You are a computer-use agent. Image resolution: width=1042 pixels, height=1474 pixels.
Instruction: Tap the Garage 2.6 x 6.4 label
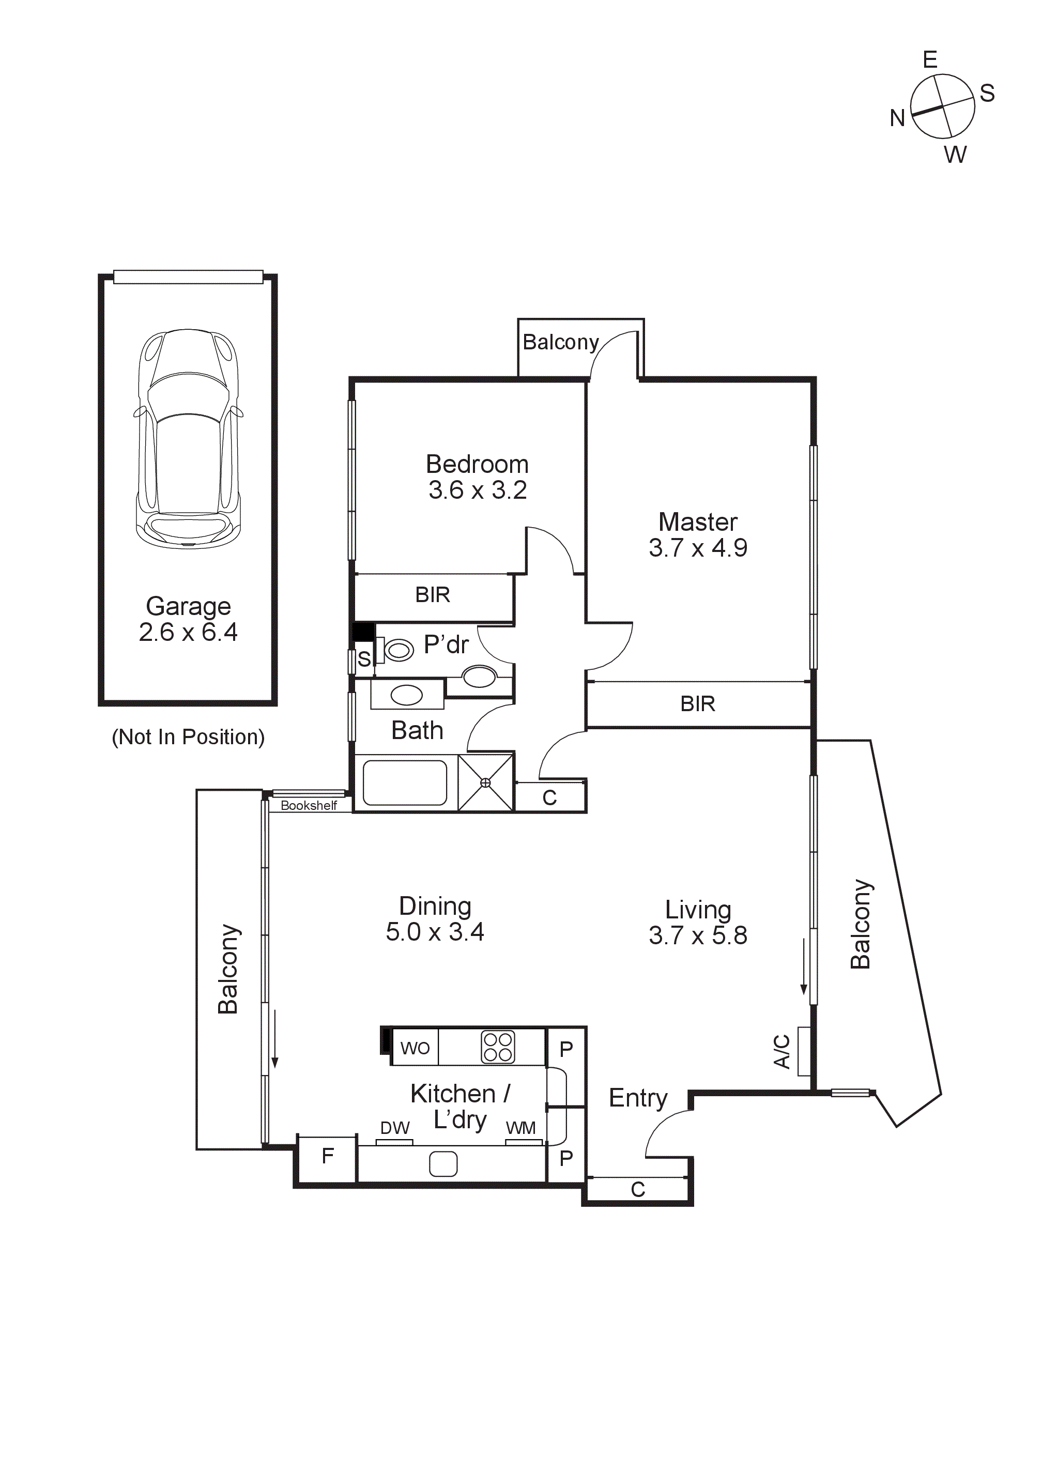click(x=188, y=619)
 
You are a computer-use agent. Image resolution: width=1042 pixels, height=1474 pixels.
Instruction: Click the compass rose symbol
click(x=942, y=106)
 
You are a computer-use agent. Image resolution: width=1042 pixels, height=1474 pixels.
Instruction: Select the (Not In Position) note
click(x=188, y=736)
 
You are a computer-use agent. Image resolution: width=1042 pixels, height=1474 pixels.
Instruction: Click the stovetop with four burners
click(x=498, y=1047)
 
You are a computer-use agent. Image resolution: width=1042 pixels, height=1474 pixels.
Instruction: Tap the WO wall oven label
click(x=415, y=1048)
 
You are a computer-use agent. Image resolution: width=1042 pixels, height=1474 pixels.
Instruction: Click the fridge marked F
click(x=327, y=1156)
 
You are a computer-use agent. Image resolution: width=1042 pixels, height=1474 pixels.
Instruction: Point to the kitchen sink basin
click(x=443, y=1163)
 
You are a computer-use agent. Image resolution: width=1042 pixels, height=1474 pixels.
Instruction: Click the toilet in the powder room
click(x=398, y=650)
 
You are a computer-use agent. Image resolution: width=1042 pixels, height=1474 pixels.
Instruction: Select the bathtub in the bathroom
click(x=405, y=782)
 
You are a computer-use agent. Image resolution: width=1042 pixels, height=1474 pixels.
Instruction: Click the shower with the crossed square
click(x=485, y=782)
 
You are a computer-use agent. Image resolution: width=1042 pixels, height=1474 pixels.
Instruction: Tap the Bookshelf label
click(x=308, y=805)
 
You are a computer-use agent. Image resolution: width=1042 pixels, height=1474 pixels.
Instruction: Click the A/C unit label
click(x=782, y=1051)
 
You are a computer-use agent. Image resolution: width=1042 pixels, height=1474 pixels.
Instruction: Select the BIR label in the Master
click(x=697, y=703)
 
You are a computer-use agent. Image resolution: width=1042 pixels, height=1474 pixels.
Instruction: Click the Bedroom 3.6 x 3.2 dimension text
click(x=477, y=490)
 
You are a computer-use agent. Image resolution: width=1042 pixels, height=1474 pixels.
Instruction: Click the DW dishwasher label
click(x=394, y=1128)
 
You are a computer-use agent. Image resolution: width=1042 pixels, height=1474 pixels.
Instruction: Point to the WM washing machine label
click(x=520, y=1128)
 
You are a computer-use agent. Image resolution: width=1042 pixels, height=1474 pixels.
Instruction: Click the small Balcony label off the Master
click(x=560, y=342)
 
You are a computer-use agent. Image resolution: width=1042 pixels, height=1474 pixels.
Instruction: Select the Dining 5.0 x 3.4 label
click(x=435, y=919)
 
